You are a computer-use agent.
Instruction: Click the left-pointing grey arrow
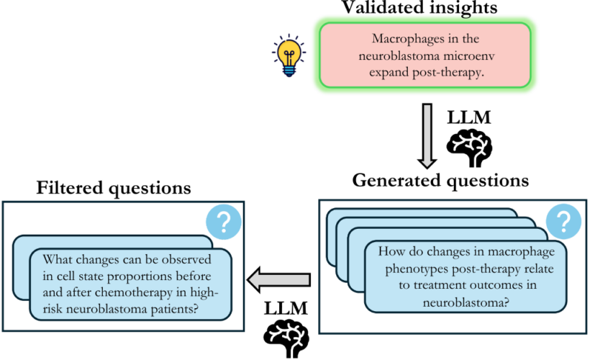click(x=279, y=278)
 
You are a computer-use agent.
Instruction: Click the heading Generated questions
click(x=440, y=179)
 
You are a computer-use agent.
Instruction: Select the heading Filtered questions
click(x=114, y=189)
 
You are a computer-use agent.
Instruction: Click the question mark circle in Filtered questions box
click(x=223, y=223)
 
